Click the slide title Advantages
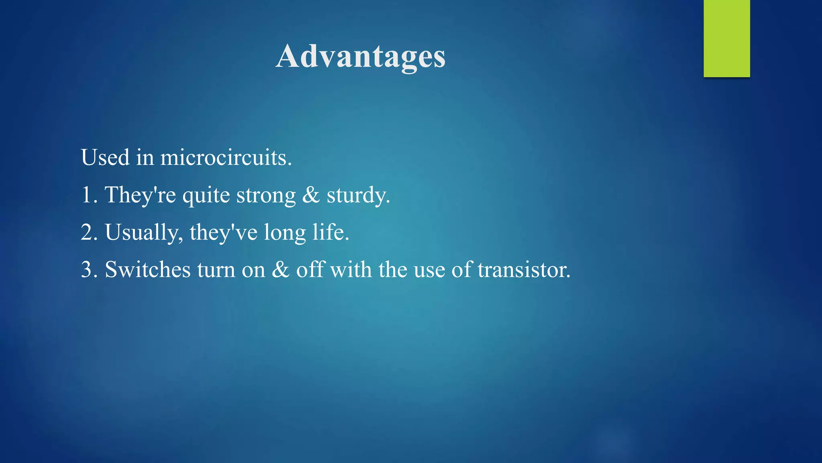click(360, 56)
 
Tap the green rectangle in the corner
click(726, 39)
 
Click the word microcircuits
click(226, 157)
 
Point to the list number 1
click(87, 195)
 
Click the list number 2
click(87, 232)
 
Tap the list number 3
click(87, 270)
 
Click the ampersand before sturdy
click(311, 195)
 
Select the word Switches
click(147, 270)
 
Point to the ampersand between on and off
click(281, 270)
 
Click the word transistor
click(523, 270)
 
